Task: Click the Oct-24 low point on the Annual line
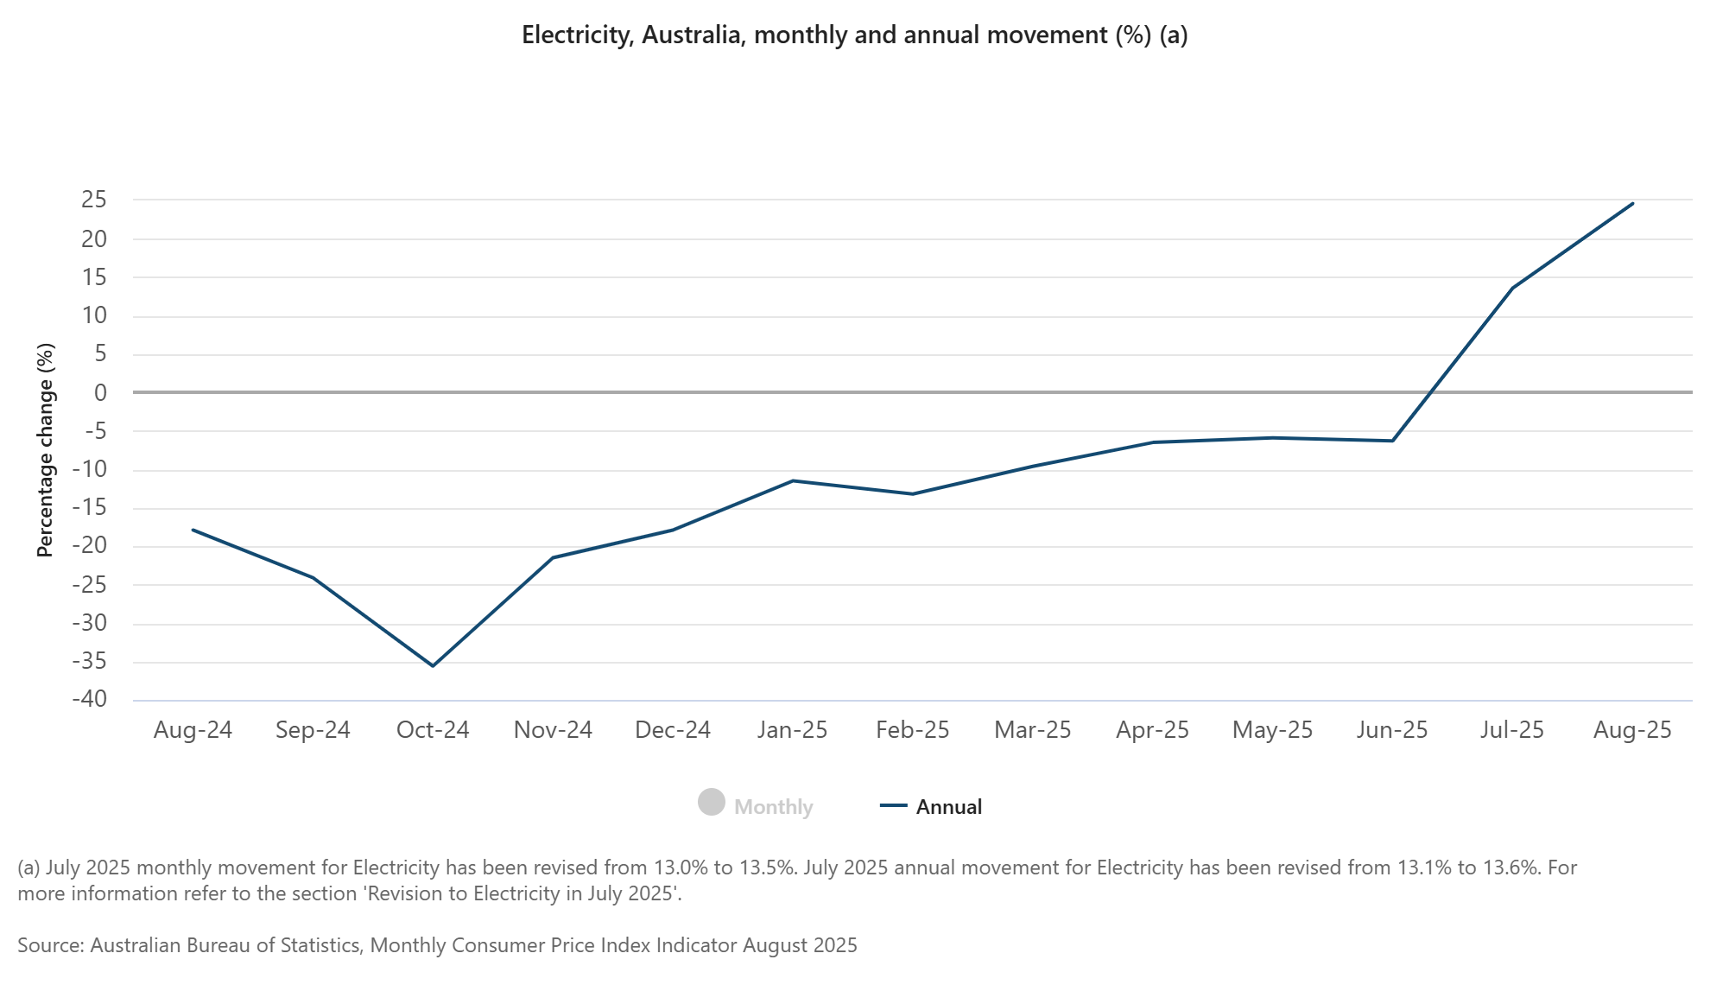433,665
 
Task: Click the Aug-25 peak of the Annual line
1632,203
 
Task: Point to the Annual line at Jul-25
1512,288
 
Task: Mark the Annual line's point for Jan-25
793,480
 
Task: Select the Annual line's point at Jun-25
1392,441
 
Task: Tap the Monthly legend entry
773,807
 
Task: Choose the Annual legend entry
948,807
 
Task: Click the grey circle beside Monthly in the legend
712,803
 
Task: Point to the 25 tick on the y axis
94,200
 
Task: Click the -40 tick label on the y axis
90,699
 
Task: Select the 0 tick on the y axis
101,392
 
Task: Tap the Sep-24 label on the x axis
313,730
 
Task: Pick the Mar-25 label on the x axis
1032,730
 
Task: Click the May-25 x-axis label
1272,730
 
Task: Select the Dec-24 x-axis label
673,730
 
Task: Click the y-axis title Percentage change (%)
45,449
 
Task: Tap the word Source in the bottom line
50,945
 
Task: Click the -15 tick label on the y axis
90,507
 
